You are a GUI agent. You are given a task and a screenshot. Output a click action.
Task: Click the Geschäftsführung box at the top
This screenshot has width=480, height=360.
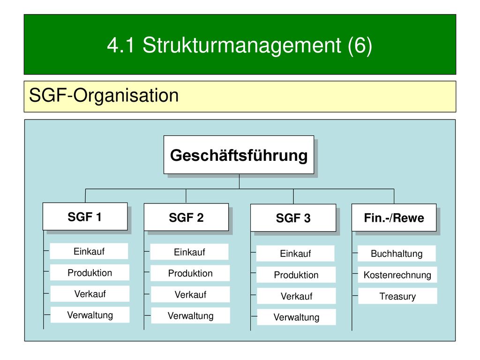click(239, 155)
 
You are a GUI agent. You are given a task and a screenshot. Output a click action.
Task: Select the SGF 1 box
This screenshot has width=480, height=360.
click(85, 217)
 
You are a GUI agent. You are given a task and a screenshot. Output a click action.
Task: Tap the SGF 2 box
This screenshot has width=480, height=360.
click(186, 217)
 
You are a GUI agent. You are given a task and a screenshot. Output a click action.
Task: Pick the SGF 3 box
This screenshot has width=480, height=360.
click(293, 217)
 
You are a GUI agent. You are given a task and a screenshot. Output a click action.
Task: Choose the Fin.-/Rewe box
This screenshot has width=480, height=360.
click(394, 217)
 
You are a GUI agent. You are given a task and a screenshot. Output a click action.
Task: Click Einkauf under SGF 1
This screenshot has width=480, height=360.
click(89, 251)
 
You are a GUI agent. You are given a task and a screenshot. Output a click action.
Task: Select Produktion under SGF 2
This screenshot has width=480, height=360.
click(190, 273)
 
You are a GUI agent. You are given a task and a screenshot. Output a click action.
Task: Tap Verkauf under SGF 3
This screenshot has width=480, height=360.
click(296, 296)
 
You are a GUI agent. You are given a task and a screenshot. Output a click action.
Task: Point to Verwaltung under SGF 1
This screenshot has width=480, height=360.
click(90, 315)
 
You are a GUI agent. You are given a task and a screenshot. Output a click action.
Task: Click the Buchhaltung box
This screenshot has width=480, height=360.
click(397, 254)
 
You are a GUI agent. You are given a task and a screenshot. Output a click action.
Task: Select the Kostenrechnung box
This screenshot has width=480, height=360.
click(397, 275)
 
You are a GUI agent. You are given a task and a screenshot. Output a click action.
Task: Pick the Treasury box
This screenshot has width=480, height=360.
click(397, 296)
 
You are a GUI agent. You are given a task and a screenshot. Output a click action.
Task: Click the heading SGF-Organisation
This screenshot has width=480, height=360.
click(104, 95)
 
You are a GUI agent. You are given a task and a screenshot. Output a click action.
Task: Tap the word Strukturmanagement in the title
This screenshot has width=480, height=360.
click(242, 45)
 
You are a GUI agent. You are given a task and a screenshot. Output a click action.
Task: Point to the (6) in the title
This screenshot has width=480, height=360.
click(360, 45)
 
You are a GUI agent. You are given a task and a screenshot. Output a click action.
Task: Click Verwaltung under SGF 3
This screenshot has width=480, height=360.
click(296, 317)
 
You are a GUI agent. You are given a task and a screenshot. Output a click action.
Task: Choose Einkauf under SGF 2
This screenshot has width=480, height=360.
click(189, 252)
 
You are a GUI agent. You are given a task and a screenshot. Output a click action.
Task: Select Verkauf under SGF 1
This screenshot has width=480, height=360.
click(90, 294)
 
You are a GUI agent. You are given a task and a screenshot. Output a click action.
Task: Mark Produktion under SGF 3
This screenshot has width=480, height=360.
click(296, 275)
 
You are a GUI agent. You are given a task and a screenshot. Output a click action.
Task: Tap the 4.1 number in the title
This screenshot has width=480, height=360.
click(121, 45)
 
